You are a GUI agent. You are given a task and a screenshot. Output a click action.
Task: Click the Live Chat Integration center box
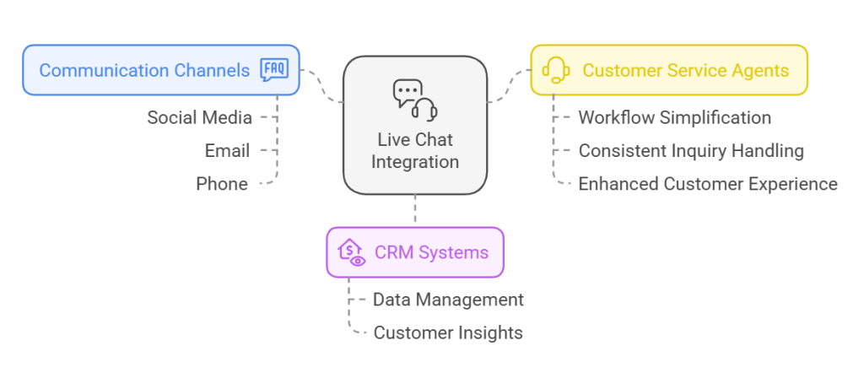coord(415,126)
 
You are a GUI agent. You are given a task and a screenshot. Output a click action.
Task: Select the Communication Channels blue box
coord(161,70)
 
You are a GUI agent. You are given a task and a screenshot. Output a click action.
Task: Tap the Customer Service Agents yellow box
coord(669,70)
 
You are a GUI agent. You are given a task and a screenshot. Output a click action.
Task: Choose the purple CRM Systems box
coord(415,252)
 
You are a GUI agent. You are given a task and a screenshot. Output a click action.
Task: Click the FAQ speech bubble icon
coord(274,70)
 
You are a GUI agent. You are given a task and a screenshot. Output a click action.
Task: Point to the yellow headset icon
coord(556,70)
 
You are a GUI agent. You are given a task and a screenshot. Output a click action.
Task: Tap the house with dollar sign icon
coord(351,252)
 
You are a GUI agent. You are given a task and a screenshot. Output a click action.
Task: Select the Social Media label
coord(199,117)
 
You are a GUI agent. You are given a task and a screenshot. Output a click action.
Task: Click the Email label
coord(227,151)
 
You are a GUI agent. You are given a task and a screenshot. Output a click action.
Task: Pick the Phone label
coord(222,184)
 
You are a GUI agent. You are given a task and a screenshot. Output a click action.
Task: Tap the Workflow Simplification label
coord(674,117)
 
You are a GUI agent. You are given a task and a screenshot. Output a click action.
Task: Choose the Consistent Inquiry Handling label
coord(690,151)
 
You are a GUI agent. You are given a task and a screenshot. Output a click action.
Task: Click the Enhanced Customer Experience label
coord(707,184)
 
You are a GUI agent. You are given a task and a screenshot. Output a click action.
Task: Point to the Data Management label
coord(448,300)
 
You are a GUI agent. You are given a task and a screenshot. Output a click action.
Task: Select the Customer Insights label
coord(448,332)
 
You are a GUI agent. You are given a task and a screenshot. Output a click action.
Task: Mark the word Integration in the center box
coord(415,161)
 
